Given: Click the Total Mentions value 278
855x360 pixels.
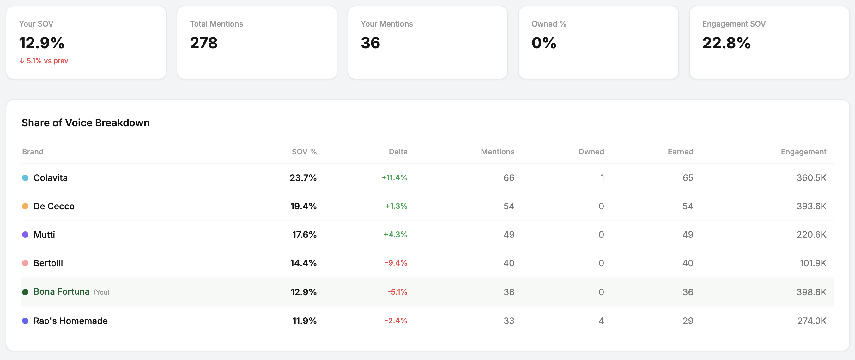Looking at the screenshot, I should coord(203,43).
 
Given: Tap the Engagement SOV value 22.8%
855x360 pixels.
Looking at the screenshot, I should coord(726,43).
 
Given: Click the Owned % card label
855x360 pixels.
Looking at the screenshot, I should coord(549,24).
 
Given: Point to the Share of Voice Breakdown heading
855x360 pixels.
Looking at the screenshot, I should coord(85,123).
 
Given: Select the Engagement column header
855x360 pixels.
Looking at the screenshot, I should coord(803,152).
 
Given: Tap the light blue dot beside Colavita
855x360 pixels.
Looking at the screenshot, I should coord(25,178).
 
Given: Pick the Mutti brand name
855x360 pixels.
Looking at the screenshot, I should coord(44,235).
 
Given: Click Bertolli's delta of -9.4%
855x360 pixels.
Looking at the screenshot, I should coord(396,263).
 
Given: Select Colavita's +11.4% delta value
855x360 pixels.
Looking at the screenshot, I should coord(394,177).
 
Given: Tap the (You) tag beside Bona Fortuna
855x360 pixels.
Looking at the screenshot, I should coord(101,292).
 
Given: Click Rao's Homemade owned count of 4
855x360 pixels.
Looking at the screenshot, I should coord(601,321).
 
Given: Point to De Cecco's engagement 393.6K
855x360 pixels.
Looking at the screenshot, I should coord(811,206).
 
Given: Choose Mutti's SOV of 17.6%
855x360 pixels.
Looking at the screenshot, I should coord(304,235).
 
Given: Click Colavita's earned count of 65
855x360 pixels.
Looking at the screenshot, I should coord(688,178).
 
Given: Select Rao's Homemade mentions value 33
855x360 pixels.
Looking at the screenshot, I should coord(509,321).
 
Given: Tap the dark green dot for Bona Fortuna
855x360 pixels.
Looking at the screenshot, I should coord(25,292).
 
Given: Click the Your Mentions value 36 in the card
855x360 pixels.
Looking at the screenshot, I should coord(370,43).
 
